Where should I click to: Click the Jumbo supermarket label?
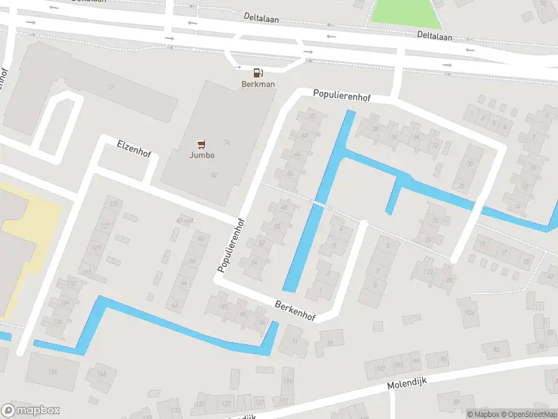(x=202, y=156)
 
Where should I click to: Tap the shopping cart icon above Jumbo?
(x=202, y=144)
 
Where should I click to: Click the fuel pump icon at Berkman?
(x=258, y=72)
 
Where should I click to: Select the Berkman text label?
(x=258, y=84)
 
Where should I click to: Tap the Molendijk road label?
(x=406, y=382)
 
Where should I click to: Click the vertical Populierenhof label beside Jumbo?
(x=231, y=244)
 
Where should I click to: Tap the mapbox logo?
(x=31, y=411)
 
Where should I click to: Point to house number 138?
(x=52, y=372)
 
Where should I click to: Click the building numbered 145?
(x=102, y=374)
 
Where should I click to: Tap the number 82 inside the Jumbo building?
(x=213, y=175)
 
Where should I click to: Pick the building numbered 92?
(x=496, y=348)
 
